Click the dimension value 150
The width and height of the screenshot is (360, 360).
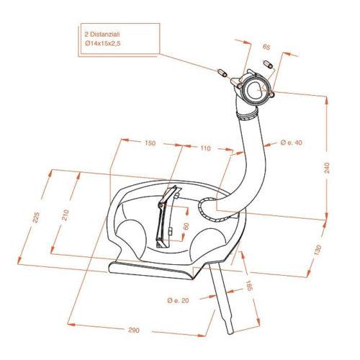[150, 143]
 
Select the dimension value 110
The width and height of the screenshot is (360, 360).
[205, 148]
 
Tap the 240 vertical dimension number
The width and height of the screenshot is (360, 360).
[327, 168]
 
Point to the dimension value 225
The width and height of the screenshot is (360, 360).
[36, 217]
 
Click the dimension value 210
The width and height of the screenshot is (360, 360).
[66, 215]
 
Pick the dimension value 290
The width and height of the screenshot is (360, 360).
[134, 330]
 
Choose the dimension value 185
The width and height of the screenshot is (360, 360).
[249, 286]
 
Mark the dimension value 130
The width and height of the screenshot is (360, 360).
[318, 250]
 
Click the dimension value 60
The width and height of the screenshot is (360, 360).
[186, 226]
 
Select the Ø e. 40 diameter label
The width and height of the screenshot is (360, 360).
[291, 143]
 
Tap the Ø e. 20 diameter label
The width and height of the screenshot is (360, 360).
[179, 300]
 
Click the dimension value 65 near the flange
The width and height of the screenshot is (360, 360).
[266, 47]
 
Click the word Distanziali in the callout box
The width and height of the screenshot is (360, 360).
[105, 35]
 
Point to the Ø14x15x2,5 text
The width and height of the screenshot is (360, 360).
[102, 43]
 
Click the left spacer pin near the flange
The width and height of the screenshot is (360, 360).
[222, 73]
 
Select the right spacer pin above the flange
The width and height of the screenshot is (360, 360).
[269, 64]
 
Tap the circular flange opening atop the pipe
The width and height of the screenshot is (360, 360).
[254, 90]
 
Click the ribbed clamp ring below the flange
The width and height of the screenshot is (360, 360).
[247, 115]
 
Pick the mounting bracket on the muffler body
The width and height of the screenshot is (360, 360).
[167, 216]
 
